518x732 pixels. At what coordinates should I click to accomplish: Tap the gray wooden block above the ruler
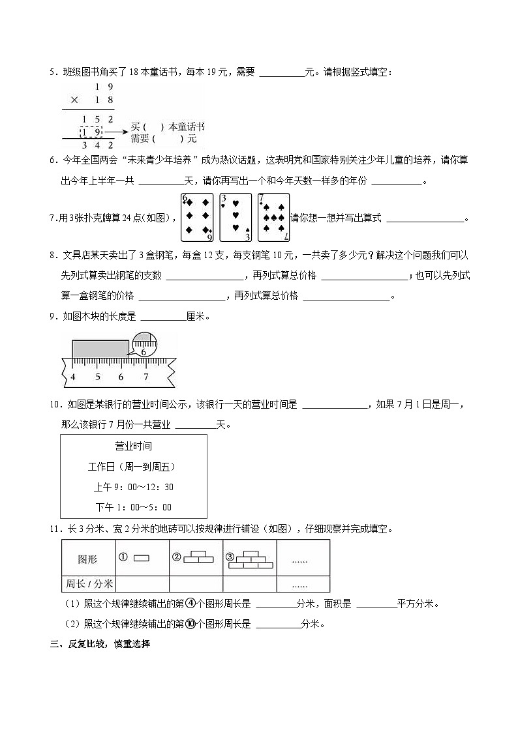click(100, 348)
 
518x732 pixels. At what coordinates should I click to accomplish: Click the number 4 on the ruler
click(72, 377)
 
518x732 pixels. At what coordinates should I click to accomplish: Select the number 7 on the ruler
click(145, 377)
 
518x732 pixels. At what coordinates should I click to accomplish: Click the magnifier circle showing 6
click(145, 344)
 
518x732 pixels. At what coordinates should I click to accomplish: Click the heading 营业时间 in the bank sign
click(133, 447)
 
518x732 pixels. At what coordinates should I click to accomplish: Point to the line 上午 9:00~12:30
click(133, 487)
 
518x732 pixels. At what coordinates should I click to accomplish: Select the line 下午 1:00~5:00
click(133, 507)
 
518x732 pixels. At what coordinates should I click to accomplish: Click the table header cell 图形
click(87, 559)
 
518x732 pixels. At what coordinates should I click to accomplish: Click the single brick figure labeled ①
click(141, 558)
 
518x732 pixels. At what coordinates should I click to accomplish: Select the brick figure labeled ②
click(198, 557)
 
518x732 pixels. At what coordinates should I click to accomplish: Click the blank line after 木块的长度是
click(162, 317)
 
